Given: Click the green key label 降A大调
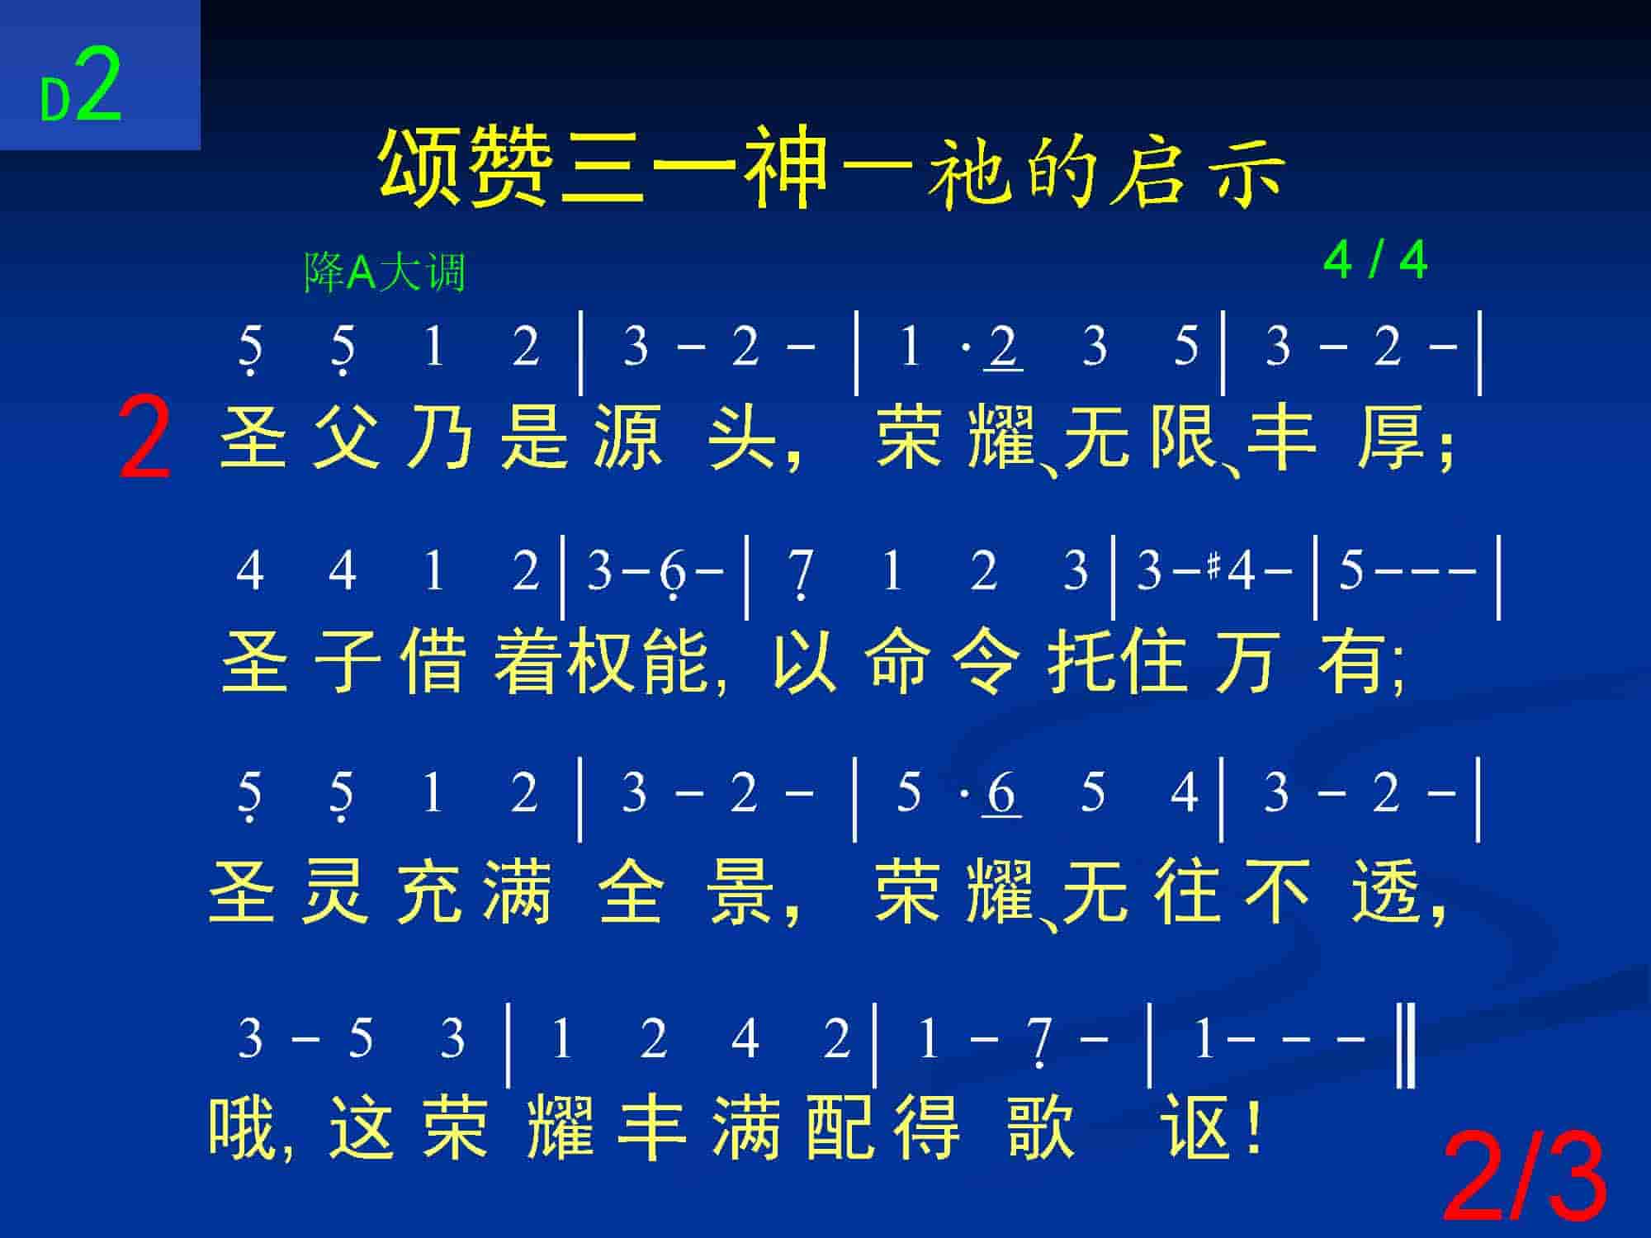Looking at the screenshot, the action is [x=386, y=272].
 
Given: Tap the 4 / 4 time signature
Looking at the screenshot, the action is [x=1374, y=261].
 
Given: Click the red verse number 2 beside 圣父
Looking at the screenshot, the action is [x=145, y=437].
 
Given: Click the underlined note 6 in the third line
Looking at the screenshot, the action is [x=1001, y=793].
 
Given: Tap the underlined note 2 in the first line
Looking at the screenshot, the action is [x=1003, y=347].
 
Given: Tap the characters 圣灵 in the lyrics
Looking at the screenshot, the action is [x=289, y=891].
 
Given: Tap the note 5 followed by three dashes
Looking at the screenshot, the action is [x=1351, y=571].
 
